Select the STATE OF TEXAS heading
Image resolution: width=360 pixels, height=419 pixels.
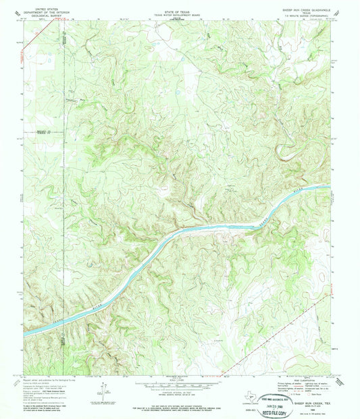click(x=179, y=4)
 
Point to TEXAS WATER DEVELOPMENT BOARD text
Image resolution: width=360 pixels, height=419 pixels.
click(x=179, y=8)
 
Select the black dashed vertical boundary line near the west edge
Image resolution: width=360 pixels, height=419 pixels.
click(x=65, y=169)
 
